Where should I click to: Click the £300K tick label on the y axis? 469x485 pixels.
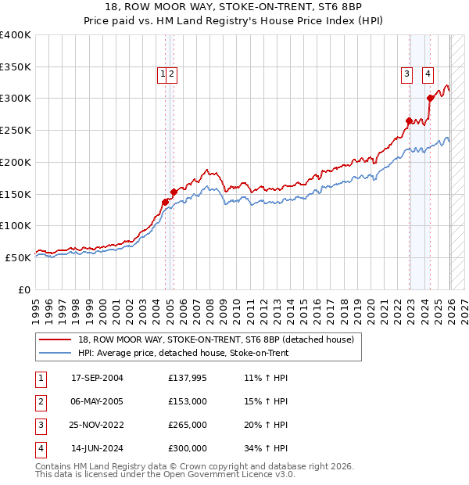tap(16, 99)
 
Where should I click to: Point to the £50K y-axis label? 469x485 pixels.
tap(18, 257)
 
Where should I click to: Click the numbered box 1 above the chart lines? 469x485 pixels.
tap(163, 74)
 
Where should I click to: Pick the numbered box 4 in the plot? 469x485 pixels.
tap(428, 74)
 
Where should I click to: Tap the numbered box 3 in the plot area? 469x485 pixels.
tap(407, 74)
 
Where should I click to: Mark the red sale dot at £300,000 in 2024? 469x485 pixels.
tap(430, 98)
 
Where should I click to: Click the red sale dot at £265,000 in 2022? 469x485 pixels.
tap(409, 120)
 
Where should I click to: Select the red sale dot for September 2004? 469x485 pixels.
tap(165, 202)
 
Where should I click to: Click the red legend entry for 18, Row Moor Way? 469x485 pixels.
tap(216, 339)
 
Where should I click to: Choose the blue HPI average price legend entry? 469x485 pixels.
tap(183, 353)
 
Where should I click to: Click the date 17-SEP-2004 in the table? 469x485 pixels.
tap(97, 378)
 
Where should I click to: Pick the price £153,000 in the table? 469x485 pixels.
tap(187, 401)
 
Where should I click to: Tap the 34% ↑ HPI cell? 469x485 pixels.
tap(266, 448)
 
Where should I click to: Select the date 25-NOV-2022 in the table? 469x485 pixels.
tap(97, 425)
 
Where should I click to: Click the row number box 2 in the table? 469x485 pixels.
tap(40, 401)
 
